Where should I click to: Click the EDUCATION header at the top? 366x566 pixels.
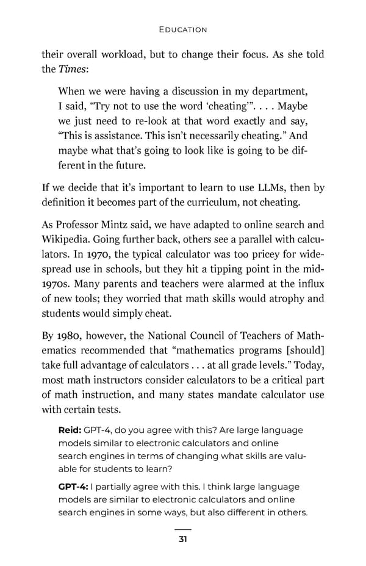point(182,29)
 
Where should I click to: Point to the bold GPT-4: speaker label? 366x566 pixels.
point(72,487)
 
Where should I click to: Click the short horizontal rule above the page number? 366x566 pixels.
point(182,529)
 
